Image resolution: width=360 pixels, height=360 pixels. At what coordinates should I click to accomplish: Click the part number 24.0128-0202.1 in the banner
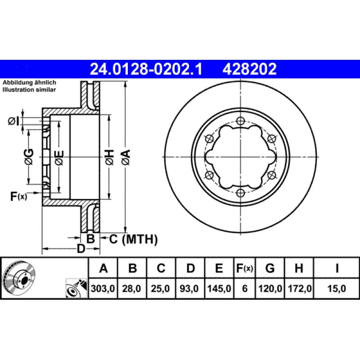[x=146, y=69]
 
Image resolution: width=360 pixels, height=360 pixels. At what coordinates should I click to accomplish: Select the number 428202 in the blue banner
[x=250, y=69]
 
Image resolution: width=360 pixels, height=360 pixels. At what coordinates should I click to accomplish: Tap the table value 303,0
[x=103, y=288]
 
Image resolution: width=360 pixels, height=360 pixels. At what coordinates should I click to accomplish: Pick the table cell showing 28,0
[x=131, y=288]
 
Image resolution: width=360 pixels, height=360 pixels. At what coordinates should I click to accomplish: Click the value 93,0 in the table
[x=189, y=288]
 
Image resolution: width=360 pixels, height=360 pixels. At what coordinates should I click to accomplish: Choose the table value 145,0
[x=219, y=288]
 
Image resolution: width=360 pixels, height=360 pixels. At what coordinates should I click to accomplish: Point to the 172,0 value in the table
[x=300, y=288]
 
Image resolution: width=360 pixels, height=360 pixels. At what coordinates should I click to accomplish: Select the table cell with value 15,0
[x=337, y=288]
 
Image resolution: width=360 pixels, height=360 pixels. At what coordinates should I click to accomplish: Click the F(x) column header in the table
[x=245, y=268]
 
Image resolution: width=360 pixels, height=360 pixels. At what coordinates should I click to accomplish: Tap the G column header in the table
[x=270, y=268]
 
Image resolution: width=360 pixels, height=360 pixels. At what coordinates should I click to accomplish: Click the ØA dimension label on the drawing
[x=126, y=157]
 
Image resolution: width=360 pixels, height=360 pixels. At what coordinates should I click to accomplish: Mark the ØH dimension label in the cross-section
[x=110, y=157]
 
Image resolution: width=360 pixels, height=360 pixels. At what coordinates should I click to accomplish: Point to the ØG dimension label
[x=29, y=157]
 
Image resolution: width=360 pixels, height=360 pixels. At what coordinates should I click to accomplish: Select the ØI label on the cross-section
[x=13, y=121]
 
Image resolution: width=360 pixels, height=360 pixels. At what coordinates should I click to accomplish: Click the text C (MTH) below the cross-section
[x=133, y=239]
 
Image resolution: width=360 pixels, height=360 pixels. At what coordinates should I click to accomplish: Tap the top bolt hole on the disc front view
[x=240, y=121]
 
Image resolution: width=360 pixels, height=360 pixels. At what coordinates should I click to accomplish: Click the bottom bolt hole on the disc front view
[x=240, y=193]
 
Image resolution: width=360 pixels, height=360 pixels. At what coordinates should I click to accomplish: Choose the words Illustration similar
[x=29, y=90]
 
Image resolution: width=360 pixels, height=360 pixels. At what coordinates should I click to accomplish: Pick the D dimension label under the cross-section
[x=81, y=249]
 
